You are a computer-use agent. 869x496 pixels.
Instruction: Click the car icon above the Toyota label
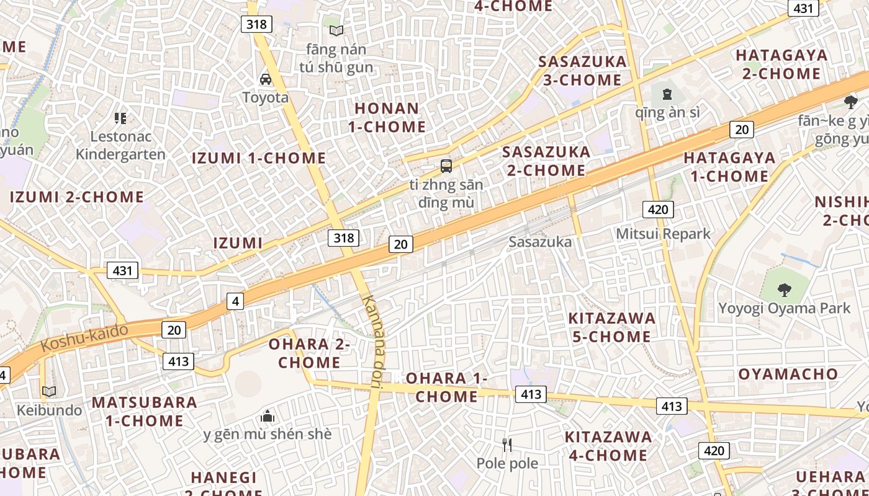point(266,79)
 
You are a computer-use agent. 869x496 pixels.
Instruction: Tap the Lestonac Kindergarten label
point(120,145)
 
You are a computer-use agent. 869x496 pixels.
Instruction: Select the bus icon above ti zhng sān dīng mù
point(446,166)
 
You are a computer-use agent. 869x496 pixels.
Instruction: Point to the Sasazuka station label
point(539,242)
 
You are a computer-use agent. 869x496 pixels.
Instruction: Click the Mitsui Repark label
point(663,234)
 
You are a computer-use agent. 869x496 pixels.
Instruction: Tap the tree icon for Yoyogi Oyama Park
point(785,289)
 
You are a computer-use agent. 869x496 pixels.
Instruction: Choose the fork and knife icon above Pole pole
point(507,445)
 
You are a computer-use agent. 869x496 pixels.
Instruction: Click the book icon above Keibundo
point(49,391)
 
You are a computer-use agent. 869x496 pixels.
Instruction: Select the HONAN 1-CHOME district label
point(387,117)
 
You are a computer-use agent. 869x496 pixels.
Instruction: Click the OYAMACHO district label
point(788,374)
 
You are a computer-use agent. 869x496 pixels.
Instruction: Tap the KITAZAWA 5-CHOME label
point(611,327)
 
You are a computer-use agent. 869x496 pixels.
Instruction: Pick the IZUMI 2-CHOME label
point(77,197)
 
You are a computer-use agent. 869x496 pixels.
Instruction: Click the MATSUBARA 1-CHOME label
point(145,411)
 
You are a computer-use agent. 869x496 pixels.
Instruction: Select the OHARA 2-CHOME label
point(309,353)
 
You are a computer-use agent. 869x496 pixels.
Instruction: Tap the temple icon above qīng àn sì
point(667,94)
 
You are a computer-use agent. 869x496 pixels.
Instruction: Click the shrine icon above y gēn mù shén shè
point(268,415)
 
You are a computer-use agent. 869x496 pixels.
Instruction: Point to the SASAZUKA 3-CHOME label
point(582,71)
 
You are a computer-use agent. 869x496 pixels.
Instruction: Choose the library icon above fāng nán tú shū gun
point(336,30)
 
